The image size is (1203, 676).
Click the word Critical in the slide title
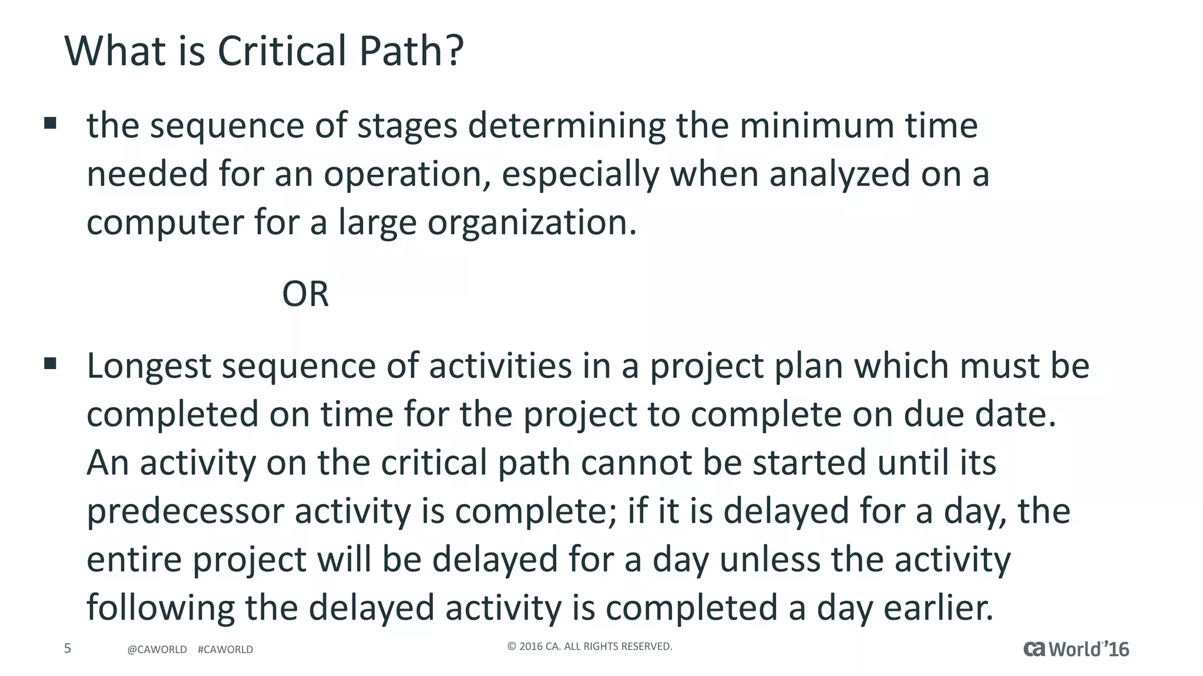click(282, 51)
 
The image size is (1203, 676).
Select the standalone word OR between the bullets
click(305, 294)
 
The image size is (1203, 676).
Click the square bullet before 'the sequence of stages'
click(51, 123)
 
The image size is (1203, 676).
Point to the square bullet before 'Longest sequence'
click(51, 364)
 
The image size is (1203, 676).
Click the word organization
click(532, 223)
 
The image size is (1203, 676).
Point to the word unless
click(769, 559)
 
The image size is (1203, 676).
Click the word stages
click(407, 127)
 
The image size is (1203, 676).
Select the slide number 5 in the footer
click(68, 648)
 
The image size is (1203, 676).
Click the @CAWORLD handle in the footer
click(157, 650)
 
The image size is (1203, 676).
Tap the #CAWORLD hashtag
click(226, 650)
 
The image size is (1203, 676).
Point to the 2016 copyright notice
click(589, 647)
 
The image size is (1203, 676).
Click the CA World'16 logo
click(1076, 649)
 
